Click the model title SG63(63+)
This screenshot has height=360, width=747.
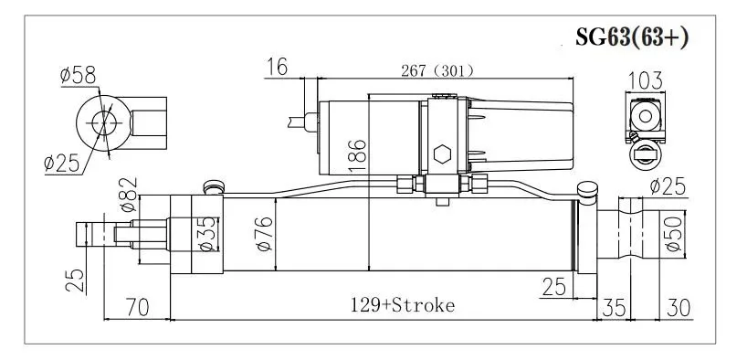click(x=632, y=37)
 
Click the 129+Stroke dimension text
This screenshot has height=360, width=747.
click(x=403, y=304)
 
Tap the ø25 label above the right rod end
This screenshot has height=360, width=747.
click(x=668, y=187)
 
